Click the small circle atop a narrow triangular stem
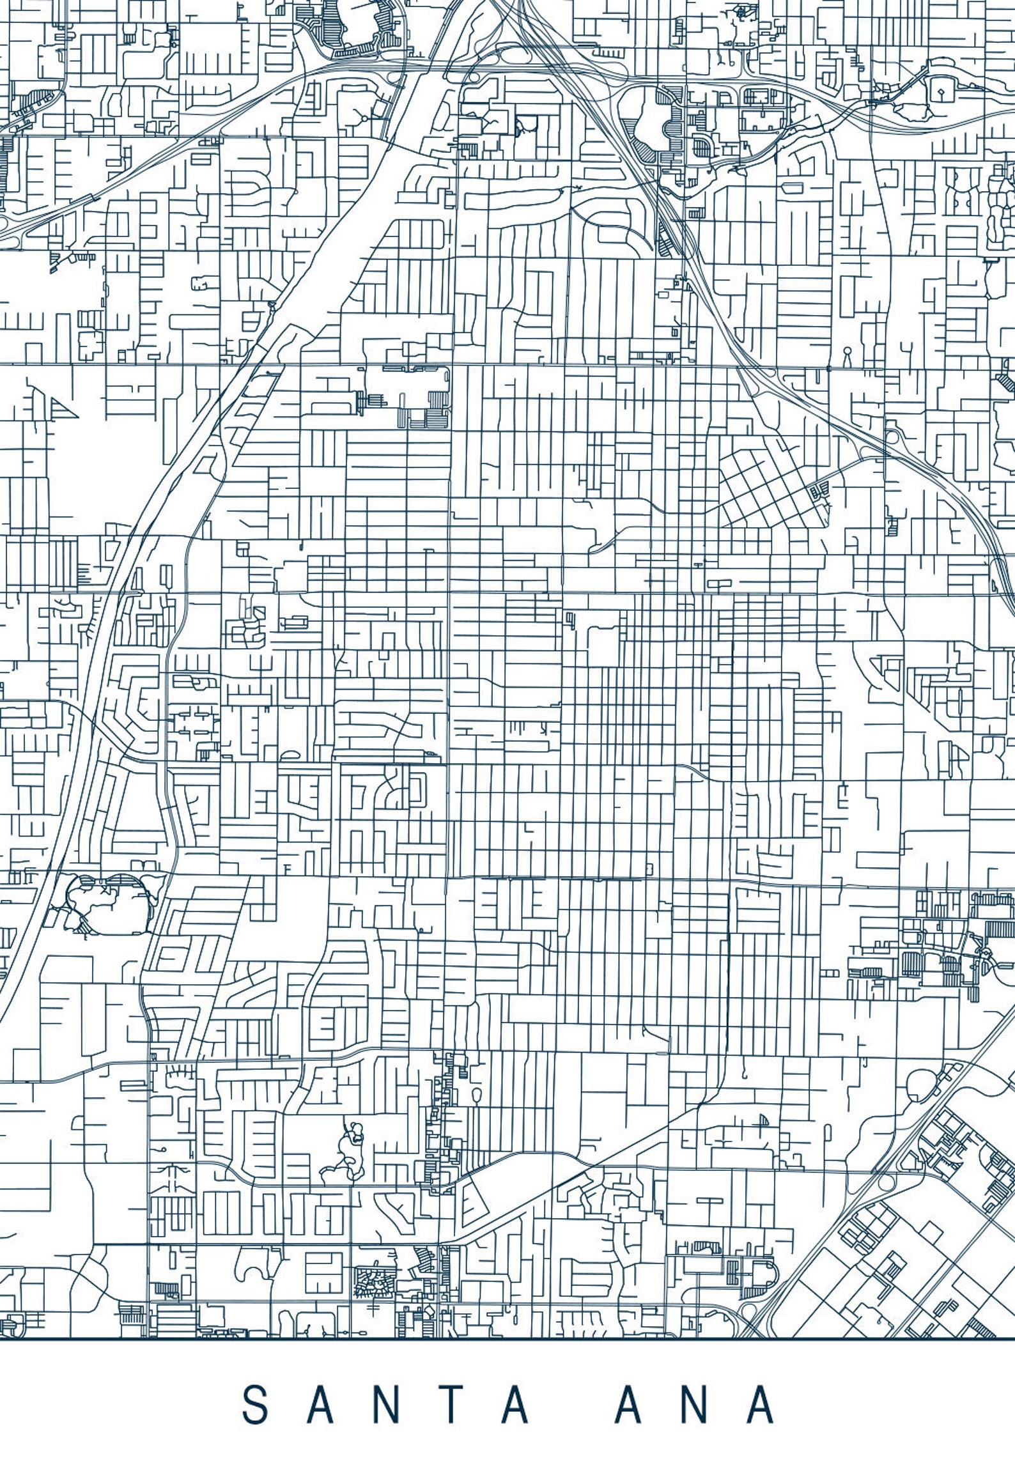point(848,355)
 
